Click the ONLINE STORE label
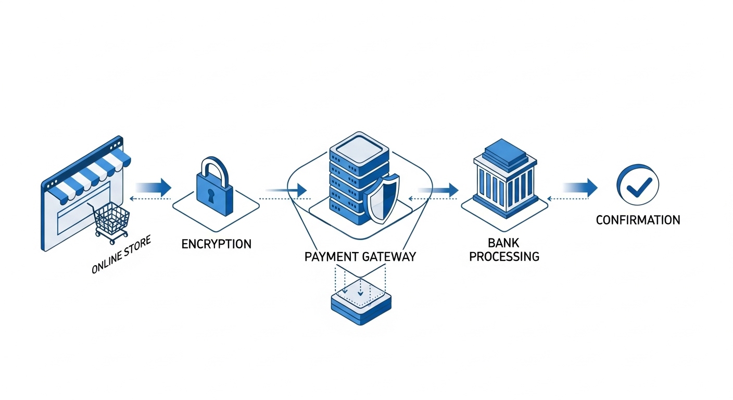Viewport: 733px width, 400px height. (121, 255)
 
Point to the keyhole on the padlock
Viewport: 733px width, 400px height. (211, 195)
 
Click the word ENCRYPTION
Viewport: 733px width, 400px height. (216, 244)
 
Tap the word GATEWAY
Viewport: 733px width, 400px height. (388, 257)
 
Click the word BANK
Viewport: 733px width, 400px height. (504, 243)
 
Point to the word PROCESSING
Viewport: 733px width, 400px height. (504, 257)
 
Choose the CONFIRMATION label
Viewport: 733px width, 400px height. (638, 220)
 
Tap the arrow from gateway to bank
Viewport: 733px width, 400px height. (440, 189)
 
